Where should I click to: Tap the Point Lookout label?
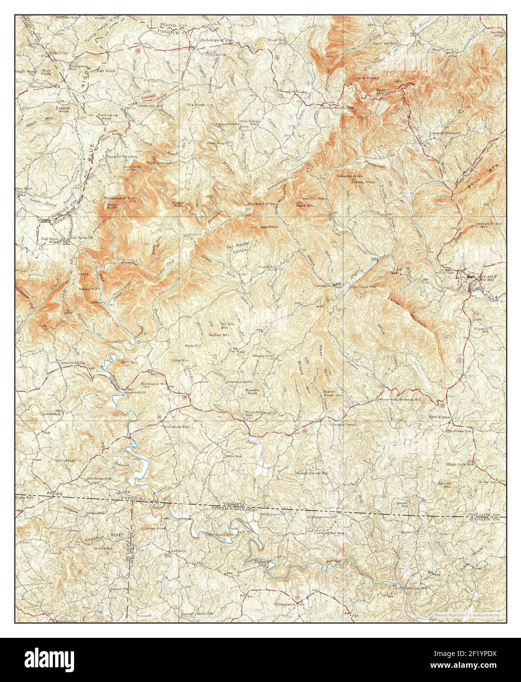(x=156, y=162)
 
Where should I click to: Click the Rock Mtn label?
(x=305, y=206)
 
